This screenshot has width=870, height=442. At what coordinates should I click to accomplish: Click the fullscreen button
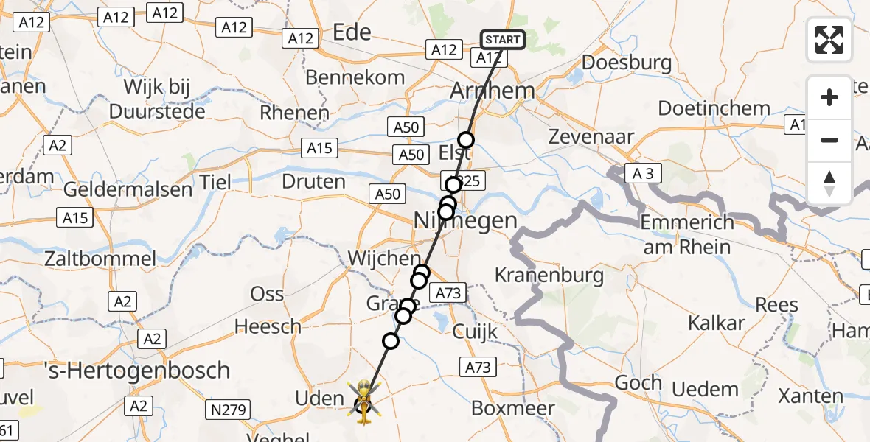click(x=829, y=40)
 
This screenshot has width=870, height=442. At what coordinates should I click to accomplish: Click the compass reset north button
click(x=829, y=183)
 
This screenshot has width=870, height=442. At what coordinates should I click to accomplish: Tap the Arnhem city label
click(x=492, y=91)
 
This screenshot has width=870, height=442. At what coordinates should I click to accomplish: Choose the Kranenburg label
click(x=549, y=276)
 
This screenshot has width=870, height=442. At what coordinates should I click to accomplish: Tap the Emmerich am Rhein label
click(x=688, y=234)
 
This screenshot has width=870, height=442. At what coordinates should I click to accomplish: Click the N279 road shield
click(x=228, y=410)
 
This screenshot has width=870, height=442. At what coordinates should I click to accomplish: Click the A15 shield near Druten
click(x=319, y=149)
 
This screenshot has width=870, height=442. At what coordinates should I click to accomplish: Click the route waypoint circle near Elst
click(x=466, y=140)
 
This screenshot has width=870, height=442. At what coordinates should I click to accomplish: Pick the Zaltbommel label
click(x=100, y=259)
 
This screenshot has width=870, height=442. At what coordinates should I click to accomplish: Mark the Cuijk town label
click(x=476, y=331)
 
